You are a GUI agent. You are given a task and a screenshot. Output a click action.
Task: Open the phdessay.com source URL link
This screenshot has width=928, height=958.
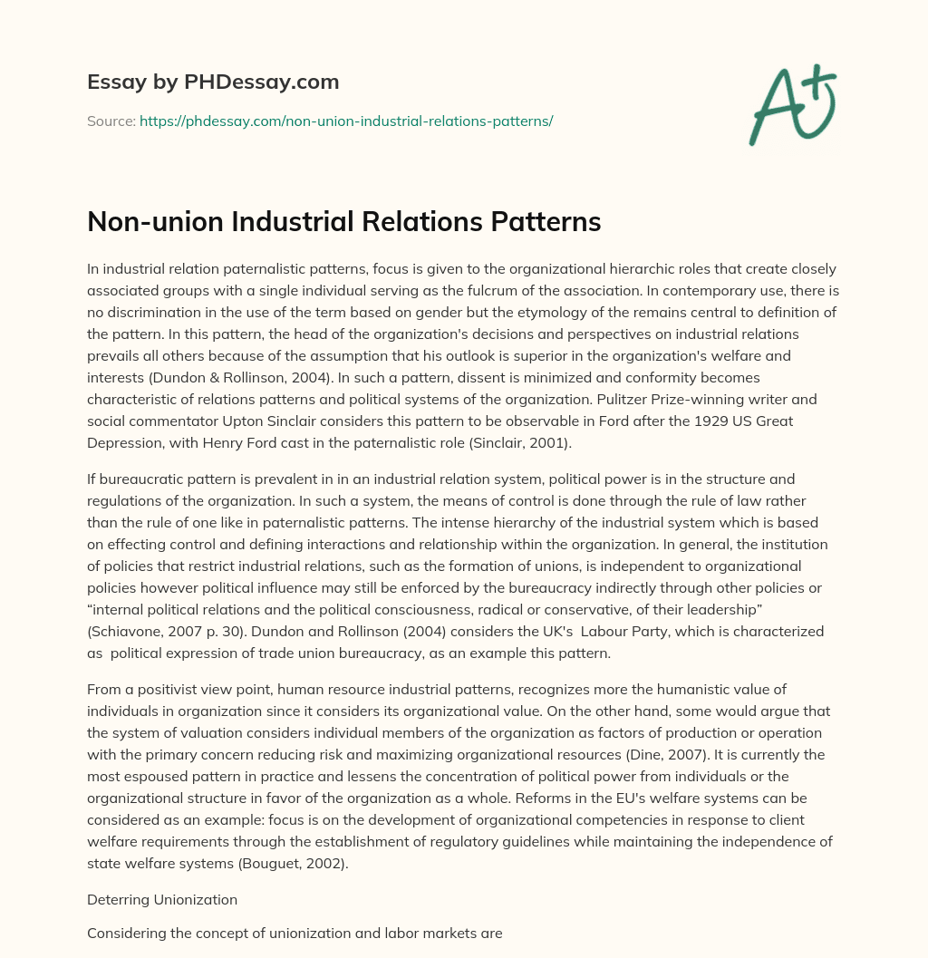[346, 121]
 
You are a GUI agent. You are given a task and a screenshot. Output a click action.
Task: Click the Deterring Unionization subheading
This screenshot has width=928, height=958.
[162, 900]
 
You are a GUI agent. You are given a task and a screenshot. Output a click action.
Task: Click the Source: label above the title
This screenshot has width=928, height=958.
[111, 121]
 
